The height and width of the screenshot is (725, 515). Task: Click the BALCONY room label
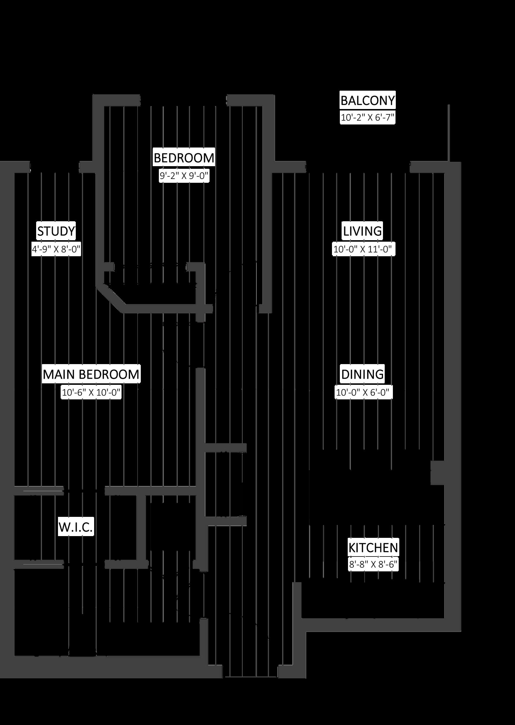pos(368,101)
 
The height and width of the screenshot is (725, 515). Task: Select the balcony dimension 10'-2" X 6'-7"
pos(368,118)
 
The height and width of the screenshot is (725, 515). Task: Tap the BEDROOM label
pos(184,158)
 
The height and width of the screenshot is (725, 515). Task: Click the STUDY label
pos(56,231)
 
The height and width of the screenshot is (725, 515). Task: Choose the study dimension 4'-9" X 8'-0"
pos(56,249)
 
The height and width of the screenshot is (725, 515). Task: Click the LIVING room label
pos(363,231)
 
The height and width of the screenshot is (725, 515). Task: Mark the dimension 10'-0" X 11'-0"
pos(364,249)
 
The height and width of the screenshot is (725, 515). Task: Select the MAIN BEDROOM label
pos(91,374)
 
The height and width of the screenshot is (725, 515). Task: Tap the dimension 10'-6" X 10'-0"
pos(91,392)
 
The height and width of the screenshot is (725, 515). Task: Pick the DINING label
pos(363,374)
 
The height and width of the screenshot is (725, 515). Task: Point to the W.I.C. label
pos(75,527)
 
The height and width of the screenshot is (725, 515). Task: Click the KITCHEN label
pos(373,547)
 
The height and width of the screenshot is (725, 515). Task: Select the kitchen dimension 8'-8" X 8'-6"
pos(373,565)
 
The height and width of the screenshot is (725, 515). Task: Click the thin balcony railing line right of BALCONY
pos(449,133)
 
